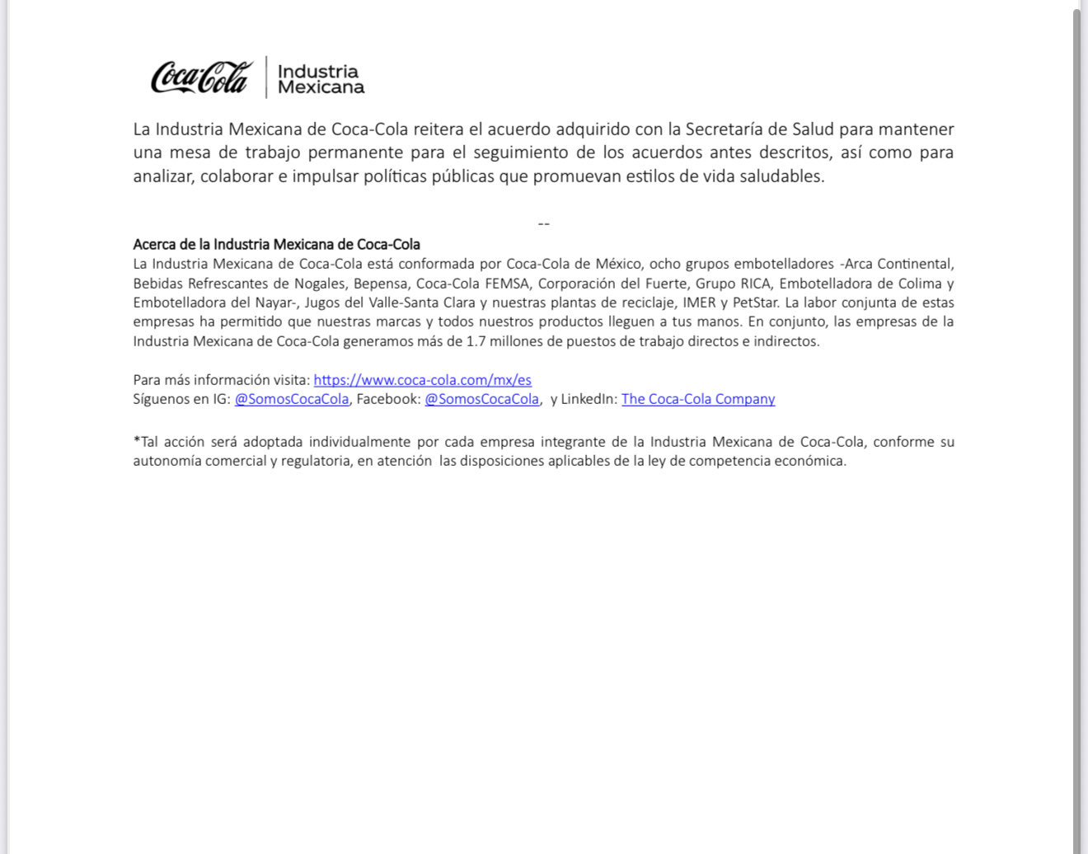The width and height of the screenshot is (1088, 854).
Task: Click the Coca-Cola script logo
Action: coord(201,77)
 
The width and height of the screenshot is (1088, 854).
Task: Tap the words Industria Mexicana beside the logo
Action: coord(320,79)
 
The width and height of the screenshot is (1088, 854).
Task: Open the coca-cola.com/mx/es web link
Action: coord(422,380)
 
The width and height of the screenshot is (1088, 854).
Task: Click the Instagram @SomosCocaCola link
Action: coord(292,399)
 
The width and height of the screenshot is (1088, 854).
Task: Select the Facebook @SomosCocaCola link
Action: coord(481,399)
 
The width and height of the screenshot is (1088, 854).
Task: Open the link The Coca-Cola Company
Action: coord(698,399)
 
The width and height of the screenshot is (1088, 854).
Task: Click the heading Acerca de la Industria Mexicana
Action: coord(276,244)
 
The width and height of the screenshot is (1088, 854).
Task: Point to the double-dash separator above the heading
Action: coord(543,224)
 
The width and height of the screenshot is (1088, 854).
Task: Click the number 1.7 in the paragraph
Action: coord(476,341)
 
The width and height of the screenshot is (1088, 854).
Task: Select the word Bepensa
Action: coord(381,284)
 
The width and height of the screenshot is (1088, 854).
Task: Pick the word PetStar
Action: coord(755,303)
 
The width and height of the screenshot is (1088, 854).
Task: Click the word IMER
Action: coord(699,303)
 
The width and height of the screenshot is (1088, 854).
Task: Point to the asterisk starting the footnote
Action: coord(137,440)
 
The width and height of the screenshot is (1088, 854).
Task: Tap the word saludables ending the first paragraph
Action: coord(785,176)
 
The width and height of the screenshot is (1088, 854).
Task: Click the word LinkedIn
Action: coord(589,399)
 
